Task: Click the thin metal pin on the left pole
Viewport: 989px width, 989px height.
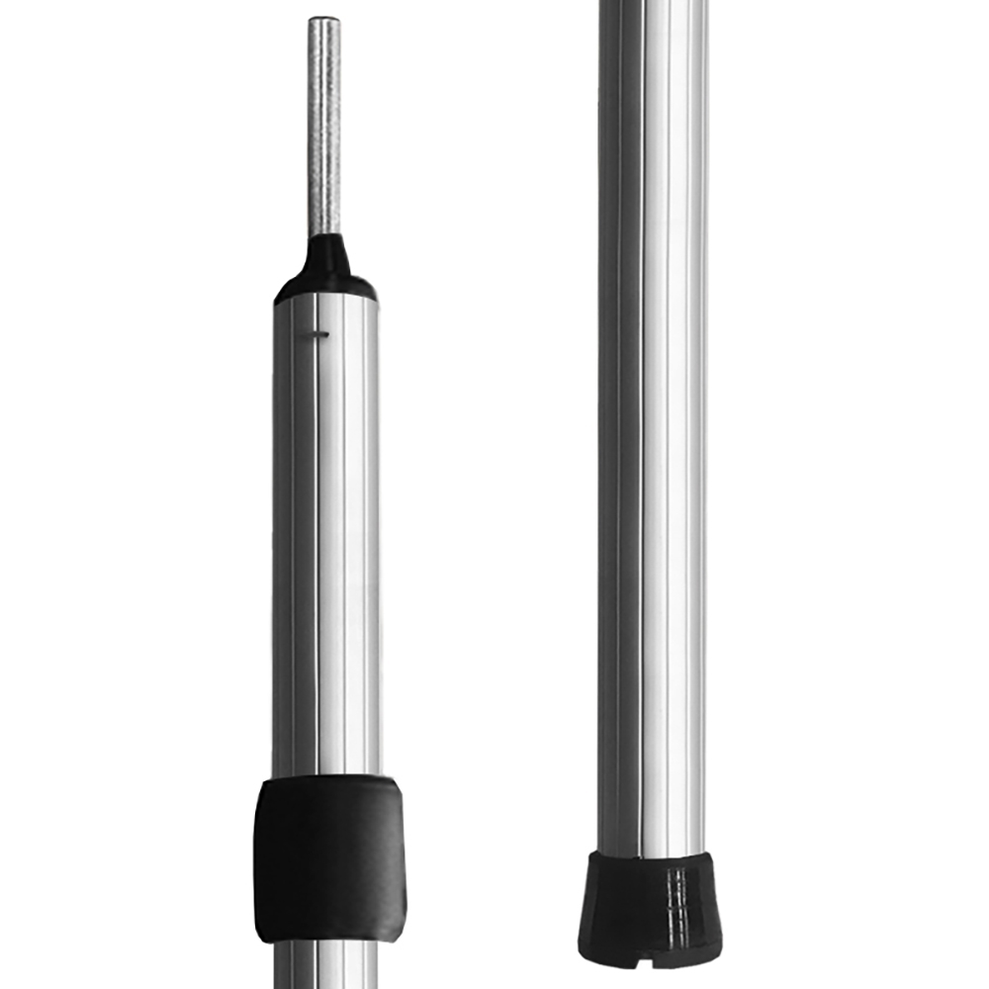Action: click(x=324, y=129)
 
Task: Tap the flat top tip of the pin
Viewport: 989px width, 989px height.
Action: click(x=324, y=19)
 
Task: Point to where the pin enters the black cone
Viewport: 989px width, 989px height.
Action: click(x=325, y=236)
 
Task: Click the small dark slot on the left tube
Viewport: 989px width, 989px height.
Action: click(x=316, y=333)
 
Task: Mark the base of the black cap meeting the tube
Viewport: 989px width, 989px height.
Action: click(x=325, y=296)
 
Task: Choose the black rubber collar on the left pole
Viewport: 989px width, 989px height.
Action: click(x=327, y=855)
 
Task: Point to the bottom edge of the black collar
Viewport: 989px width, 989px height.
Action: click(x=327, y=938)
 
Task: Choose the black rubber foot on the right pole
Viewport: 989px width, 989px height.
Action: click(x=650, y=905)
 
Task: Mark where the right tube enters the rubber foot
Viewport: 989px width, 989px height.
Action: click(x=650, y=856)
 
